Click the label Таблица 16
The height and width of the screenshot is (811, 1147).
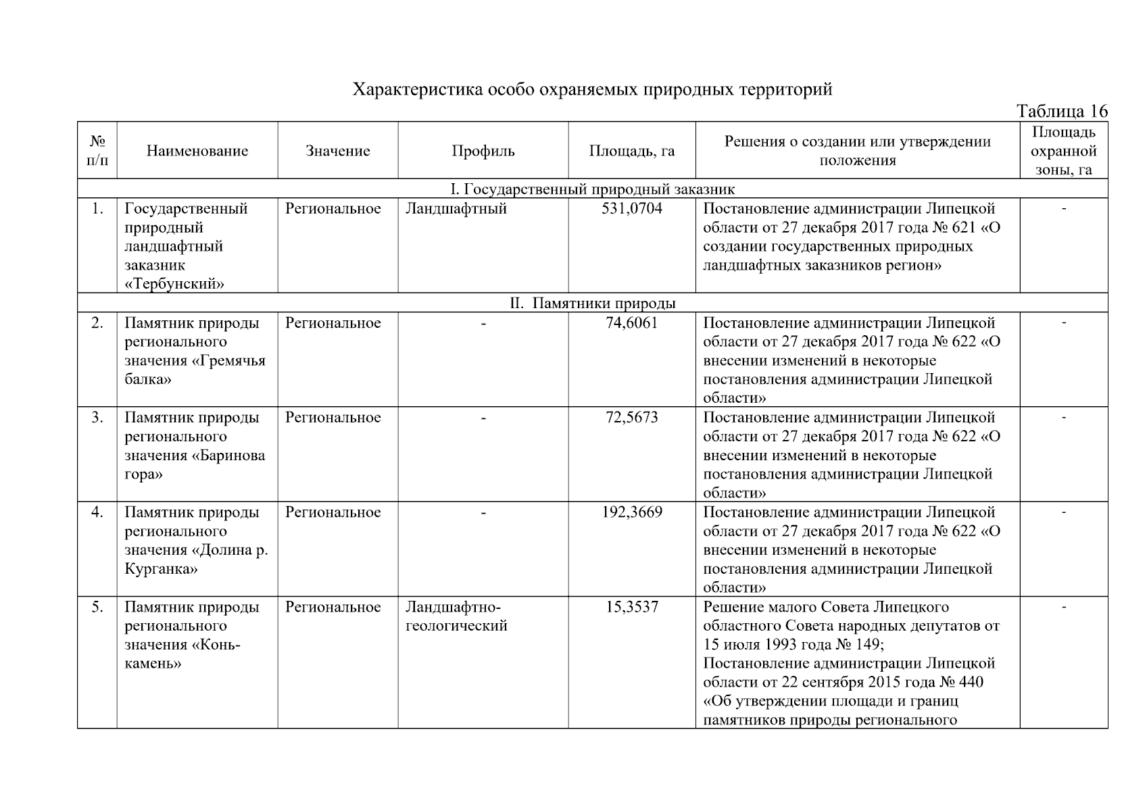tap(1062, 112)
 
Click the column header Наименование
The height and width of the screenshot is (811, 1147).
tap(197, 151)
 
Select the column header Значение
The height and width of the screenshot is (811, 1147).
tap(337, 151)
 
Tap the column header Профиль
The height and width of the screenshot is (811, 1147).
tap(483, 151)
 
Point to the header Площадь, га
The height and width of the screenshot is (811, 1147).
tap(631, 151)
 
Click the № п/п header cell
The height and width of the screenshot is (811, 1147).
tap(97, 151)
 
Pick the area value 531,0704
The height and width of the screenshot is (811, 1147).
tap(631, 209)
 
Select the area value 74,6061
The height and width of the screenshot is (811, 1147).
tap(631, 323)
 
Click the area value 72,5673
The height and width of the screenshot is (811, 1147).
tap(631, 418)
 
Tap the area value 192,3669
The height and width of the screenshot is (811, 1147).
tap(631, 512)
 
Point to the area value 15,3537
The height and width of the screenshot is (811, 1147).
tap(631, 607)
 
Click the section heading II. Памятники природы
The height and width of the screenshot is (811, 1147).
tap(592, 303)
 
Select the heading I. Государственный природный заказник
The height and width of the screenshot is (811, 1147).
tap(592, 189)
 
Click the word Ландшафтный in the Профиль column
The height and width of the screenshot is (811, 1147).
tap(456, 209)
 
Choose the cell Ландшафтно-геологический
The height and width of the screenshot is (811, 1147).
tap(456, 616)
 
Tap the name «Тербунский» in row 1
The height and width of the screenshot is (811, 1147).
tap(174, 284)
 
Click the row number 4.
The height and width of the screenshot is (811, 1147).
tap(97, 512)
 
